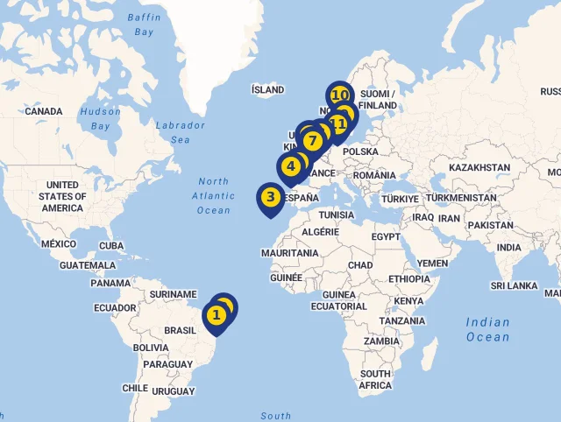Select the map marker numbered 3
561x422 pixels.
(270, 197)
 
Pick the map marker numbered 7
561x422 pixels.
(310, 140)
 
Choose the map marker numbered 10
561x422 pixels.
(340, 95)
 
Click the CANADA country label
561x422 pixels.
(44, 112)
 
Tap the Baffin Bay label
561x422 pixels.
(144, 25)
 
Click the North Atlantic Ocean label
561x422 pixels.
(213, 196)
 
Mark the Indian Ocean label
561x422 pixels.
(487, 329)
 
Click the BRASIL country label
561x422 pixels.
(181, 330)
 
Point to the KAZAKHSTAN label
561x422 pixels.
(479, 167)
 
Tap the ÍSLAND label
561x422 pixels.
(268, 89)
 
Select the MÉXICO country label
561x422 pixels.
(59, 243)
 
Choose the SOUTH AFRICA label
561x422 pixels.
(375, 380)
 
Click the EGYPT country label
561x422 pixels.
(386, 237)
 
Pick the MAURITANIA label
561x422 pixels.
(289, 253)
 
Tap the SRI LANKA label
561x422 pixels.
(515, 285)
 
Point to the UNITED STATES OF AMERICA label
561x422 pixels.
(62, 196)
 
